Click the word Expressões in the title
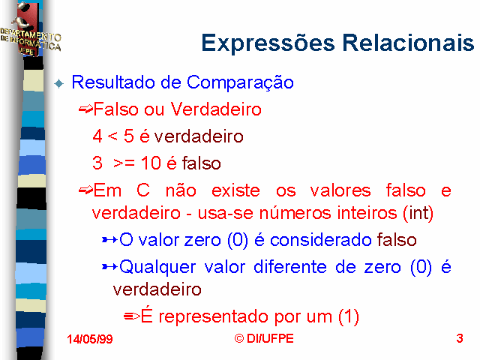click(x=268, y=43)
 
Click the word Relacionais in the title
click(x=408, y=42)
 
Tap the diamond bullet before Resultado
click(x=58, y=83)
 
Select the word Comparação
click(x=240, y=83)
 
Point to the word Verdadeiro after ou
click(x=216, y=109)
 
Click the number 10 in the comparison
click(x=151, y=163)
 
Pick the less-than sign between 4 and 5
click(x=112, y=136)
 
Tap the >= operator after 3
click(x=124, y=163)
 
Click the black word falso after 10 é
click(x=202, y=163)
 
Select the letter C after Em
click(x=143, y=190)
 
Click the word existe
click(x=235, y=190)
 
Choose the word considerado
click(x=321, y=240)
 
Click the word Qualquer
click(x=157, y=267)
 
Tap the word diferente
click(x=290, y=267)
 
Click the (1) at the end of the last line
click(x=349, y=316)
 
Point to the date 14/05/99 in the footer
click(x=90, y=339)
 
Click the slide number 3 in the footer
click(x=460, y=338)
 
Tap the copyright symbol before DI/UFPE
click(x=239, y=338)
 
